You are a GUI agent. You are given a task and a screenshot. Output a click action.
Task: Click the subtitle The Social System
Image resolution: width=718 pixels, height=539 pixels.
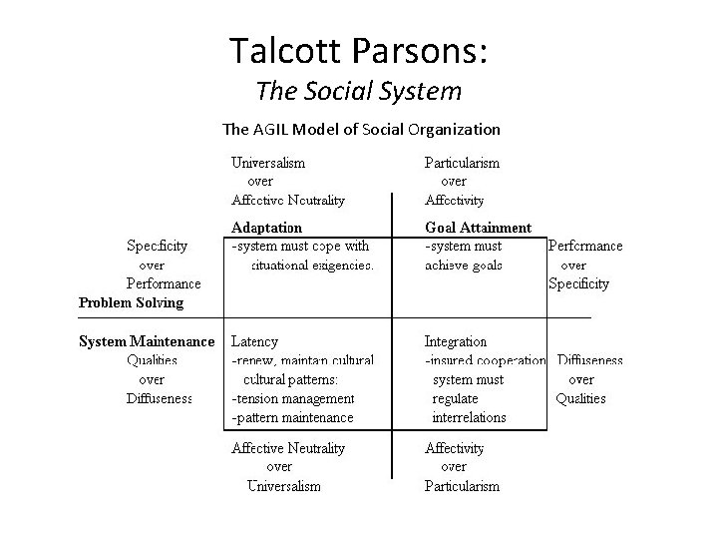(358, 92)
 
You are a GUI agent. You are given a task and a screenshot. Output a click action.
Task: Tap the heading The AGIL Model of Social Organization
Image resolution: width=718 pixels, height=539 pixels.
(360, 129)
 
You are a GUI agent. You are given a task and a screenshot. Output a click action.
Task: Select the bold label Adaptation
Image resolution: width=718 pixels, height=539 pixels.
(266, 228)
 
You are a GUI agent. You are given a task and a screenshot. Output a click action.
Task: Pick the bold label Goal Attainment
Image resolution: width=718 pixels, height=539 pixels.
(478, 228)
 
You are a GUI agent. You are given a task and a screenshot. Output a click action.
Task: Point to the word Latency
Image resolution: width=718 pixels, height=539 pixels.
(254, 341)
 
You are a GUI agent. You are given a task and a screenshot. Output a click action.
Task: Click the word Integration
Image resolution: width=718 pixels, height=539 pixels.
(456, 341)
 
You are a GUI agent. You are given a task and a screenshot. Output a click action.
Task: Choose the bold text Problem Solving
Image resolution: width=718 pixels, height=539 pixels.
(131, 301)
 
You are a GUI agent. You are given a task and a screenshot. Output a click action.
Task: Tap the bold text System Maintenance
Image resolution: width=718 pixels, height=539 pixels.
(147, 341)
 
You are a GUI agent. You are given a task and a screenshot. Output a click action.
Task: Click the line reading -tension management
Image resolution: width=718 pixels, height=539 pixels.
(292, 398)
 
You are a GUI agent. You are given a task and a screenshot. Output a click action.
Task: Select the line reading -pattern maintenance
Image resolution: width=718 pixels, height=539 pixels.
(292, 417)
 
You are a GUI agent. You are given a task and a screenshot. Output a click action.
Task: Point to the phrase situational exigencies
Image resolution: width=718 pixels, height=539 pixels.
(313, 266)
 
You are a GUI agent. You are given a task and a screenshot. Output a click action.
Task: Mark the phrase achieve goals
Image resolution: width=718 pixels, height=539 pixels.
(464, 266)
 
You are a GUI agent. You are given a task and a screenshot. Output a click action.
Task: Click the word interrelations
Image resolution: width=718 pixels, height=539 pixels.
(469, 417)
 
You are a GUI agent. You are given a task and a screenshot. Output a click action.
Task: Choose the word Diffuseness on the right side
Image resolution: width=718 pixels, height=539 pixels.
(589, 360)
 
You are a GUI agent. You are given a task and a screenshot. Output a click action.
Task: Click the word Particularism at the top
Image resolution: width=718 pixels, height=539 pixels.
(462, 162)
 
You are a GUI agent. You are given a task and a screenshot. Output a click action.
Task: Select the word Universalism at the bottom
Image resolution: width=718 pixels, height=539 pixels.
(284, 486)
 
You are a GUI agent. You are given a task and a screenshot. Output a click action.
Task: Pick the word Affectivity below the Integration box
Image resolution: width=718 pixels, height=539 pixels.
(454, 448)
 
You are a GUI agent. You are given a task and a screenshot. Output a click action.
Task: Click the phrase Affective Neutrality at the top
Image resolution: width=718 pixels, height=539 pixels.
(287, 200)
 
